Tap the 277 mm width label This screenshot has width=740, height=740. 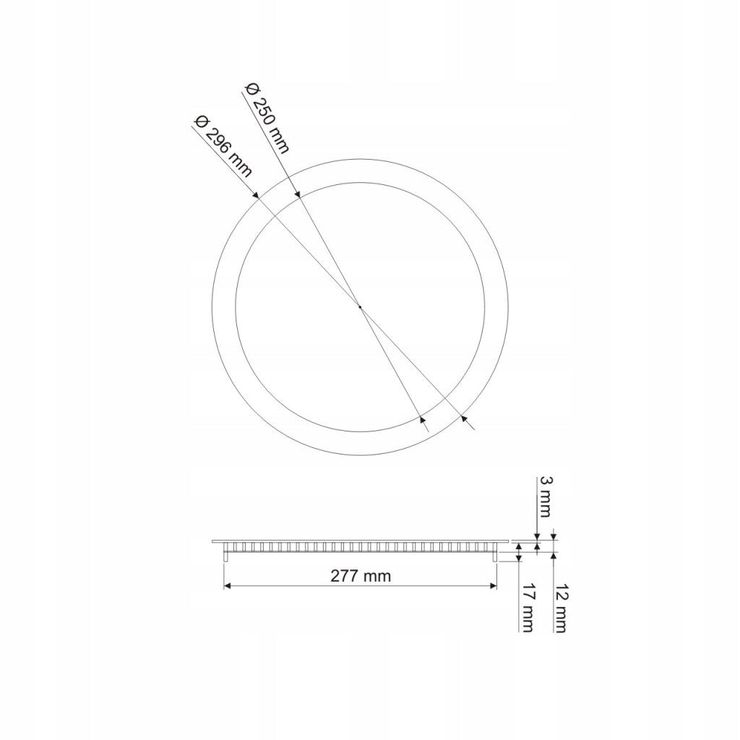point(361,576)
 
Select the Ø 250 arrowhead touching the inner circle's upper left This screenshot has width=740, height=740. point(298,194)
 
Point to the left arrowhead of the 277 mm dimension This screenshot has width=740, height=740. point(228,585)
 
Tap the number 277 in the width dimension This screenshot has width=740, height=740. point(345,576)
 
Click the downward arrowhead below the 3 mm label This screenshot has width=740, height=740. point(536,537)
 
